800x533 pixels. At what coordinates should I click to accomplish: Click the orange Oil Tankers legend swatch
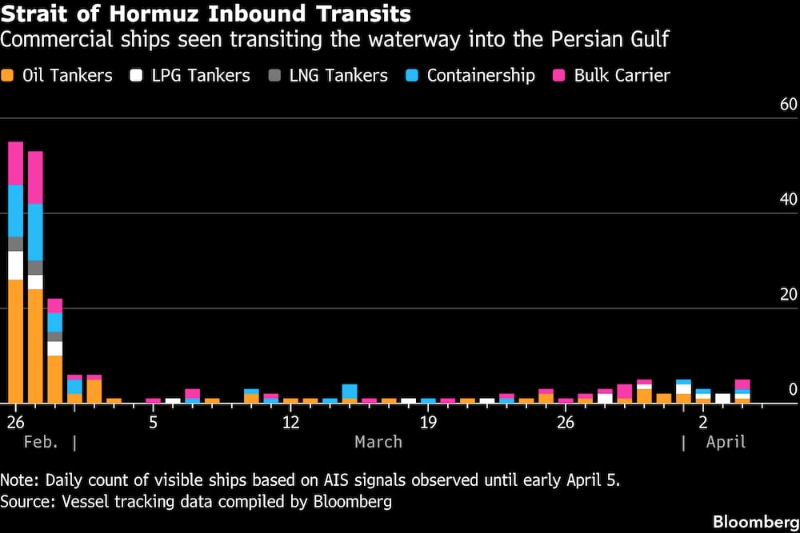tap(10, 76)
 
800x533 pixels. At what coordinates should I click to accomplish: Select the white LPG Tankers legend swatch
tap(137, 76)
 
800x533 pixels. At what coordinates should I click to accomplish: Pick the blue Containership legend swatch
tap(413, 76)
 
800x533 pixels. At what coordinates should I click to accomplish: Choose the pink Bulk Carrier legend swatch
tap(559, 76)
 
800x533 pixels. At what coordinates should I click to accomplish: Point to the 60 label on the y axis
tap(788, 105)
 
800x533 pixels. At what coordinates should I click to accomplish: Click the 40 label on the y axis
tap(788, 200)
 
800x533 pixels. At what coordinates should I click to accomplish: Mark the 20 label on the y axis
tap(788, 295)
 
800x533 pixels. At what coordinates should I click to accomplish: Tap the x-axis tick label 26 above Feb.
tap(14, 421)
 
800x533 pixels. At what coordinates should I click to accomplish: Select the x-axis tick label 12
tap(290, 421)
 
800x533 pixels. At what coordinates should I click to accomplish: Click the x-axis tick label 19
tap(428, 421)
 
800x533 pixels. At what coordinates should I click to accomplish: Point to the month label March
tap(378, 442)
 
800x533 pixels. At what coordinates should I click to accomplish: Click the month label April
tap(726, 442)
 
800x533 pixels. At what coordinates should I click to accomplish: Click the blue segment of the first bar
tap(15, 210)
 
